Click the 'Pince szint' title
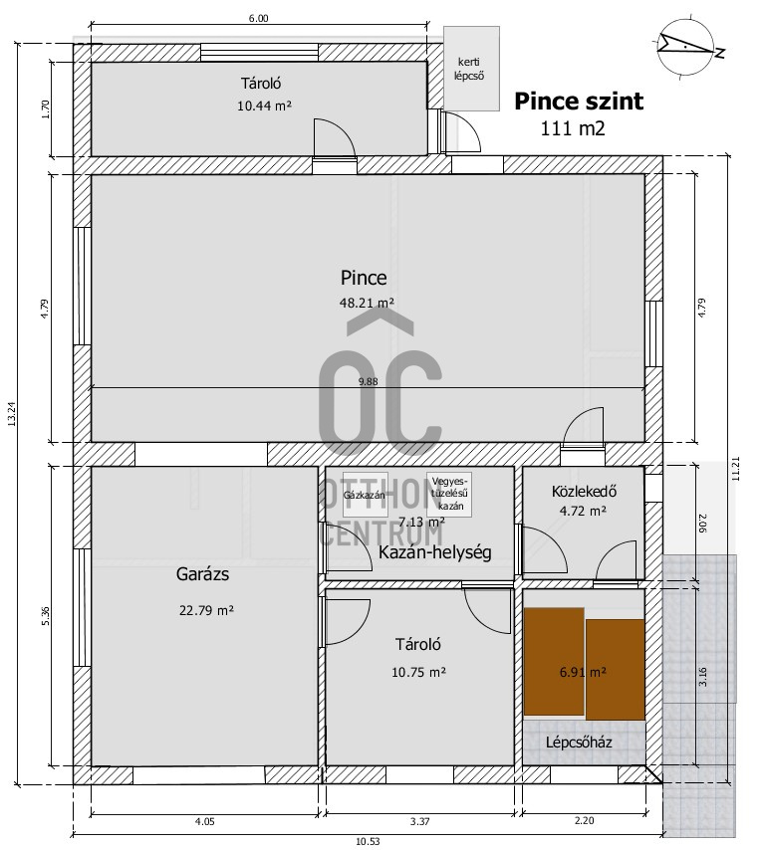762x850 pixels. (579, 101)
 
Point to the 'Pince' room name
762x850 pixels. (363, 278)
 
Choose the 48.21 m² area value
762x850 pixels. (368, 303)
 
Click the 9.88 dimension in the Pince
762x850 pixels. (368, 380)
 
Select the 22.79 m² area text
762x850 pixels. (206, 610)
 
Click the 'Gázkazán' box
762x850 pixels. (364, 495)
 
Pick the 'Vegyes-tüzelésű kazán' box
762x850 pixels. (451, 493)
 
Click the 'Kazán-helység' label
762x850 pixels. (434, 552)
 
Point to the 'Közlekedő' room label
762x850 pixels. (585, 491)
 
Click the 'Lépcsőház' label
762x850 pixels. (579, 743)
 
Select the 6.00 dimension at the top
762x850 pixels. (257, 17)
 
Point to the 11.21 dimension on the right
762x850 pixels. (736, 468)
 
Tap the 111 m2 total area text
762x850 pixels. (573, 127)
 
